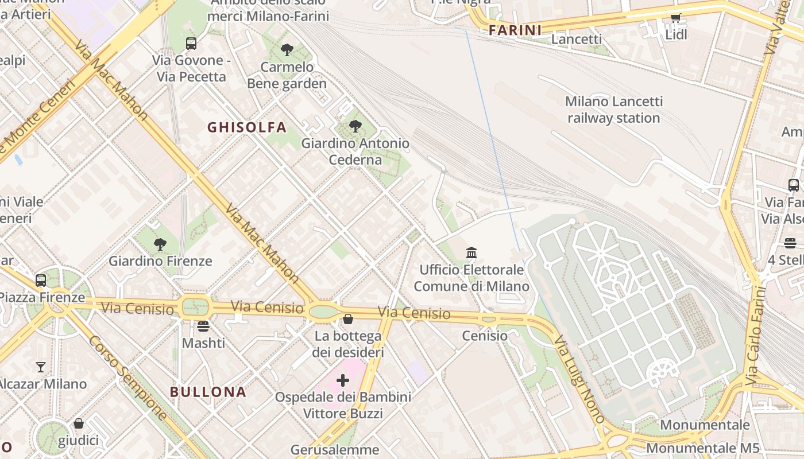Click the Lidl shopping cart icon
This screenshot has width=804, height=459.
point(676,18)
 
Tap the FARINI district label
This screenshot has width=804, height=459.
point(515,30)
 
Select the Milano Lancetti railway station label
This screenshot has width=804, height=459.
point(614,110)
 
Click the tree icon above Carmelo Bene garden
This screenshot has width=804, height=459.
point(287,50)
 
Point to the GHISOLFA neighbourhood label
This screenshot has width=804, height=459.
point(247,127)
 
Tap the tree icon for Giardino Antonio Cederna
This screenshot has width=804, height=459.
point(355,126)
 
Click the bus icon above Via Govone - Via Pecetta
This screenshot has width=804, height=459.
point(191,43)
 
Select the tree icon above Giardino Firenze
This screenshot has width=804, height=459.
point(160,244)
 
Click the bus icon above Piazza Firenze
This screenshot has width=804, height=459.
point(41,281)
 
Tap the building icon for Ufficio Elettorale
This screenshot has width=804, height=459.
point(471,252)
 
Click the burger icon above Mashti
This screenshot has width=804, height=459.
point(203,326)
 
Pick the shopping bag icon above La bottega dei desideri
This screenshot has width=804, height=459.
point(348,319)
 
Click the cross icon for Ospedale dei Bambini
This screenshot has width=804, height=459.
point(343,380)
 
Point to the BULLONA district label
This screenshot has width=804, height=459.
point(208,392)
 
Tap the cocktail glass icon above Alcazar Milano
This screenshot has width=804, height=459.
point(41,367)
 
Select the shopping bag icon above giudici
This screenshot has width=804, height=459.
point(79,423)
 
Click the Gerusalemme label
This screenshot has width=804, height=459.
point(335,450)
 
